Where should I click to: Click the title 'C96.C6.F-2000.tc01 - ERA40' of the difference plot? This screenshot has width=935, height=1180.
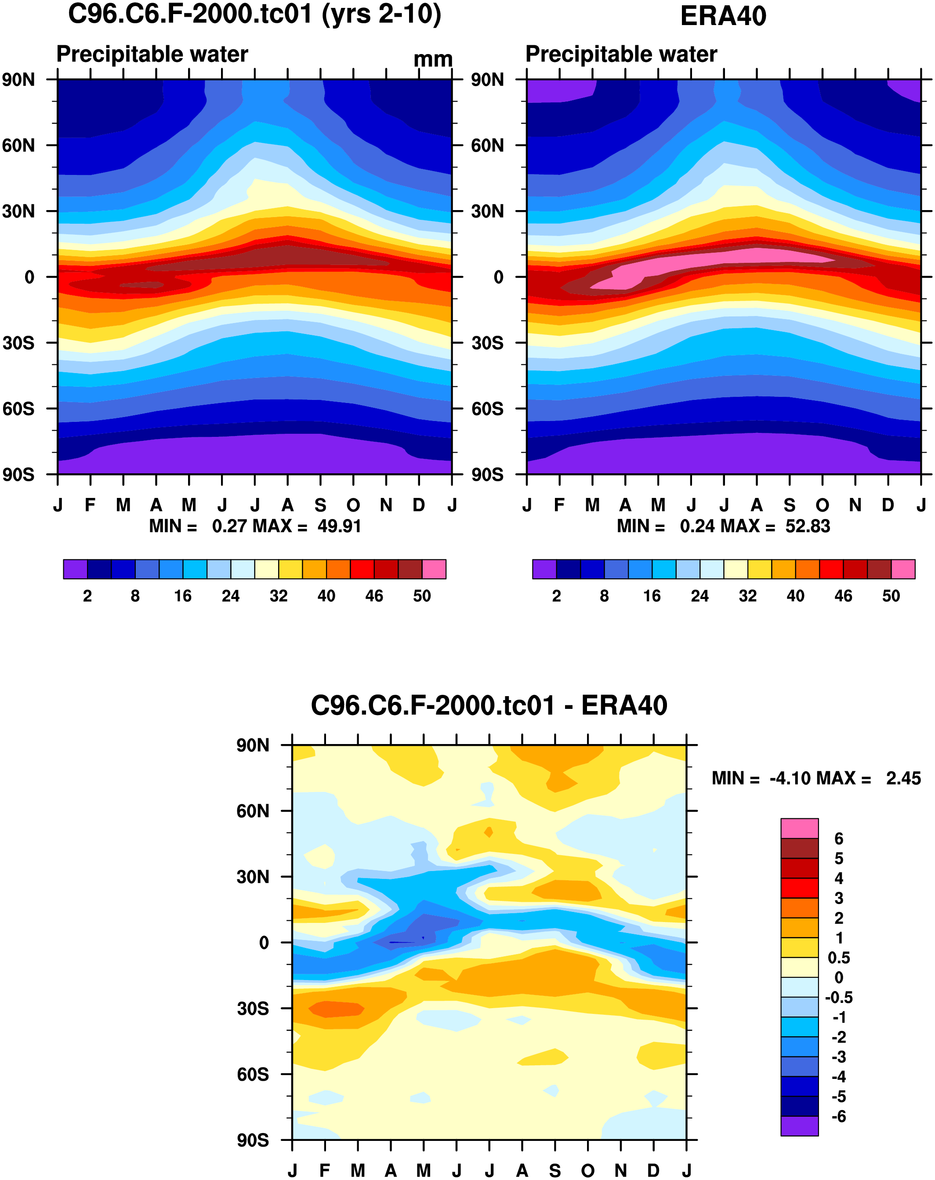click(489, 705)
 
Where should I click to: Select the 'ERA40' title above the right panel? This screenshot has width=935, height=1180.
click(723, 16)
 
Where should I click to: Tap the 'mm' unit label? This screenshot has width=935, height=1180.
click(433, 59)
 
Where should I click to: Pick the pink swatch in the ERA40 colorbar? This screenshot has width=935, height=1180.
click(903, 569)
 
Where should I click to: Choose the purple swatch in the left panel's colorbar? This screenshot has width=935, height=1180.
click(76, 569)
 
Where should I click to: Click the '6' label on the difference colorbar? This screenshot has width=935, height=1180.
click(839, 839)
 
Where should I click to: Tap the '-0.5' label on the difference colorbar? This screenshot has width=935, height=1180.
click(838, 997)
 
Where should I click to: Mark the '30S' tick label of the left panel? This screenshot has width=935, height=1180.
click(18, 343)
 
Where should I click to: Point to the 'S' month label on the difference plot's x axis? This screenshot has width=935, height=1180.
click(555, 1171)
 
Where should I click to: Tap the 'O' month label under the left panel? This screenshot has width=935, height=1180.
click(353, 505)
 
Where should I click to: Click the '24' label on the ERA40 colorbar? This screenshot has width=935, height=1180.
click(700, 596)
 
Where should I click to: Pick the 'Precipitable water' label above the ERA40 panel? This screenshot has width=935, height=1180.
click(621, 54)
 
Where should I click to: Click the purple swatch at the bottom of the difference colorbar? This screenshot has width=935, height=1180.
click(799, 1126)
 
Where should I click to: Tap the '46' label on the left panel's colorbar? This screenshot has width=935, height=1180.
click(374, 596)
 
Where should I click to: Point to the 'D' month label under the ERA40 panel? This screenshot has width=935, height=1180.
click(888, 505)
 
